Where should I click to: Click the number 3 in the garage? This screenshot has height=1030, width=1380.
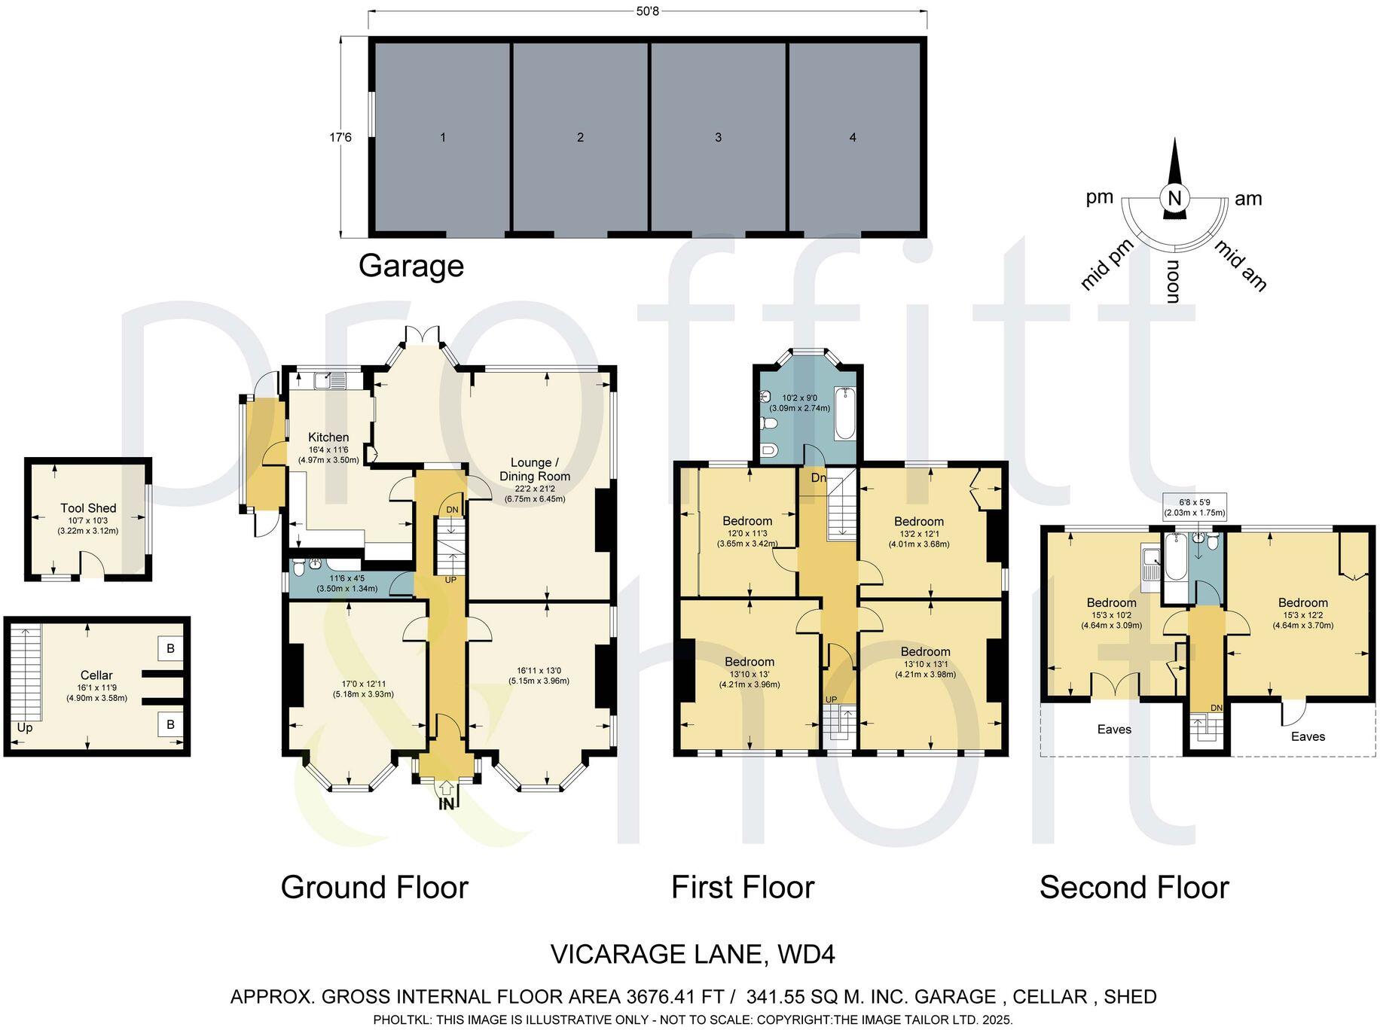pyautogui.click(x=718, y=137)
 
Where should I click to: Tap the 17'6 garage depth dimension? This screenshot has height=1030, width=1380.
pyautogui.click(x=340, y=138)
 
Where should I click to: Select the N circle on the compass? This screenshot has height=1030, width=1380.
pyautogui.click(x=1174, y=199)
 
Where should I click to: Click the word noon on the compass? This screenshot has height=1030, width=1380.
pyautogui.click(x=1173, y=282)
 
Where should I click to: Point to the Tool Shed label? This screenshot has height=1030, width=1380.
pyautogui.click(x=88, y=508)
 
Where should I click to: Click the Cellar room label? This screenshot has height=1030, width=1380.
pyautogui.click(x=96, y=675)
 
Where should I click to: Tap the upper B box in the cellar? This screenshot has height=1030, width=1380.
pyautogui.click(x=170, y=648)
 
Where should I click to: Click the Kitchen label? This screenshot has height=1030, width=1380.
pyautogui.click(x=328, y=437)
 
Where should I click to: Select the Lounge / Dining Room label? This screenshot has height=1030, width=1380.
pyautogui.click(x=535, y=469)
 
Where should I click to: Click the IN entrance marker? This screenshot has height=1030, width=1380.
pyautogui.click(x=447, y=803)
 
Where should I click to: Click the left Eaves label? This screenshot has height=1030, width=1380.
pyautogui.click(x=1114, y=729)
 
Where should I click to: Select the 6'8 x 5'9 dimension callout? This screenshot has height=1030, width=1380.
pyautogui.click(x=1195, y=506)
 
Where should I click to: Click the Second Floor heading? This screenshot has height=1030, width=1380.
pyautogui.click(x=1134, y=888)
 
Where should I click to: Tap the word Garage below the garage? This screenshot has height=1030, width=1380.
pyautogui.click(x=411, y=266)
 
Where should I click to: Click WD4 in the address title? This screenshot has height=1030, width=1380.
pyautogui.click(x=806, y=955)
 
